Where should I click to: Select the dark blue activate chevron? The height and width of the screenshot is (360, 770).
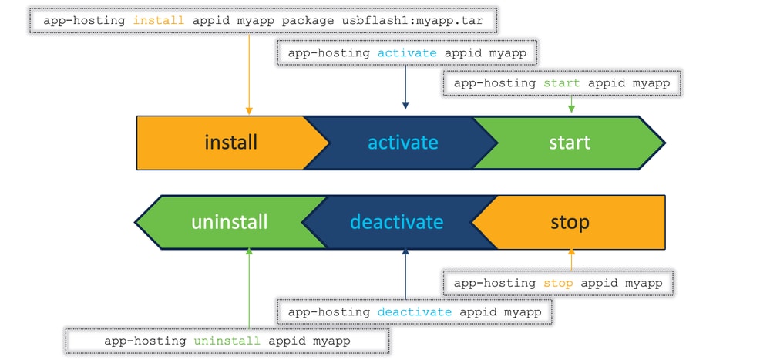pos(402,143)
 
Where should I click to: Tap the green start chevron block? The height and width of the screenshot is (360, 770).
pos(570,143)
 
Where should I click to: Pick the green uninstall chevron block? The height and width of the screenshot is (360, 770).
pos(230,222)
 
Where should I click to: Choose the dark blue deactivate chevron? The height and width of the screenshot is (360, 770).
pos(396,222)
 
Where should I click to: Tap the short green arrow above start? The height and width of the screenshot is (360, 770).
pos(570,104)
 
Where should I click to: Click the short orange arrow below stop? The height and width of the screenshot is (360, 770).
pos(571,258)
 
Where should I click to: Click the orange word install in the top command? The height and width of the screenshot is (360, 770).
pos(159,20)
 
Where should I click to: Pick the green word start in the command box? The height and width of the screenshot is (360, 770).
pos(561,82)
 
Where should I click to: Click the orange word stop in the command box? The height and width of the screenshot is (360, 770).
pos(558,283)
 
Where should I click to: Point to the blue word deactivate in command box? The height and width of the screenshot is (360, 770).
pos(415,311)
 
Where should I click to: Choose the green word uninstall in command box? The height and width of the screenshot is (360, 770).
pos(226,340)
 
